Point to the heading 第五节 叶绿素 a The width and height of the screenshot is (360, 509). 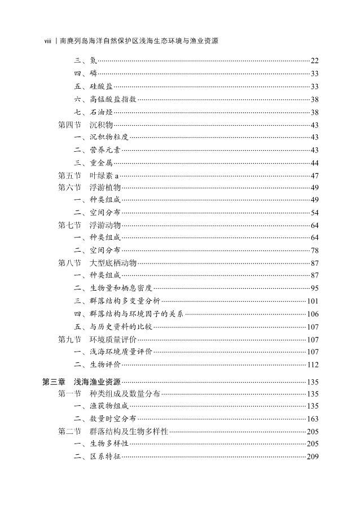click(89, 175)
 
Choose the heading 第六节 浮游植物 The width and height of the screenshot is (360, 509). click(89, 188)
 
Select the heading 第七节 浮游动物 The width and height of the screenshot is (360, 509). click(89, 225)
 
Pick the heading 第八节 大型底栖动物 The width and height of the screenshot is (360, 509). click(97, 263)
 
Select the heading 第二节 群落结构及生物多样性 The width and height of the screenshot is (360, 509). click(113, 431)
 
